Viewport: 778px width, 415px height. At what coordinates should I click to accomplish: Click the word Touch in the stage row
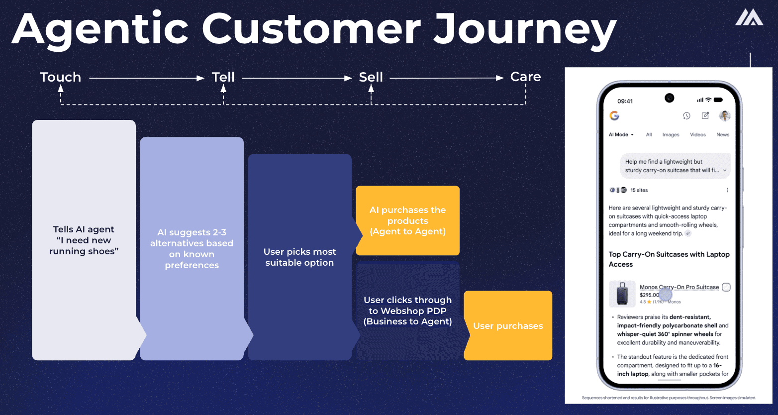(x=60, y=77)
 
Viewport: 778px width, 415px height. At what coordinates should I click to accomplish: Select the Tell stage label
(x=223, y=77)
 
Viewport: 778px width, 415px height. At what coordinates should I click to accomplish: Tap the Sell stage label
(x=371, y=77)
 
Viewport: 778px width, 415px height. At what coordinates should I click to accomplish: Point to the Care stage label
(x=525, y=77)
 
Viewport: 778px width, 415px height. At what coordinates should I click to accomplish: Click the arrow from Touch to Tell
(x=147, y=78)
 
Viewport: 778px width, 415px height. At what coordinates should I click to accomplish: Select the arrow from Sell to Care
(x=446, y=78)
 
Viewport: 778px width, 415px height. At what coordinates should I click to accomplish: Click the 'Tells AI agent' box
(x=84, y=240)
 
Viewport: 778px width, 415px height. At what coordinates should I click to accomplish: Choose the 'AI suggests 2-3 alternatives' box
(x=192, y=248)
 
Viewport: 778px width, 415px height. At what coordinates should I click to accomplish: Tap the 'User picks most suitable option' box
(x=299, y=257)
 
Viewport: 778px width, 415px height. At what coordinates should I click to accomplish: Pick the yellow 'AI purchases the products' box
(x=407, y=220)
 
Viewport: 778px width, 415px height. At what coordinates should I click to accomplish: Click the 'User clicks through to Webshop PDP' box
(x=407, y=311)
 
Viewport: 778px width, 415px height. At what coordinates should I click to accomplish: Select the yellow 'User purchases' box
(x=508, y=325)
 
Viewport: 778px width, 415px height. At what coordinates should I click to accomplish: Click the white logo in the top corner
(x=749, y=17)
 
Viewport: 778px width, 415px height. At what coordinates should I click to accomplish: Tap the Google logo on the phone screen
(x=614, y=115)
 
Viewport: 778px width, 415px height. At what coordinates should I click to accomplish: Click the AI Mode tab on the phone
(x=621, y=135)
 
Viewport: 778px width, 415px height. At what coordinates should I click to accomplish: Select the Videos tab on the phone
(x=697, y=135)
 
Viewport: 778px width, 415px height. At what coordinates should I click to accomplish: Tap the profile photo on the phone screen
(x=725, y=115)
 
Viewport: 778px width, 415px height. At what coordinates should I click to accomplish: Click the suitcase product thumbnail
(x=622, y=294)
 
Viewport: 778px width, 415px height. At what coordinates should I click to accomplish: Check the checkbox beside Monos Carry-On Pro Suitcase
(x=726, y=287)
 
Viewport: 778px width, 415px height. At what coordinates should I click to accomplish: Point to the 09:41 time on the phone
(x=625, y=101)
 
